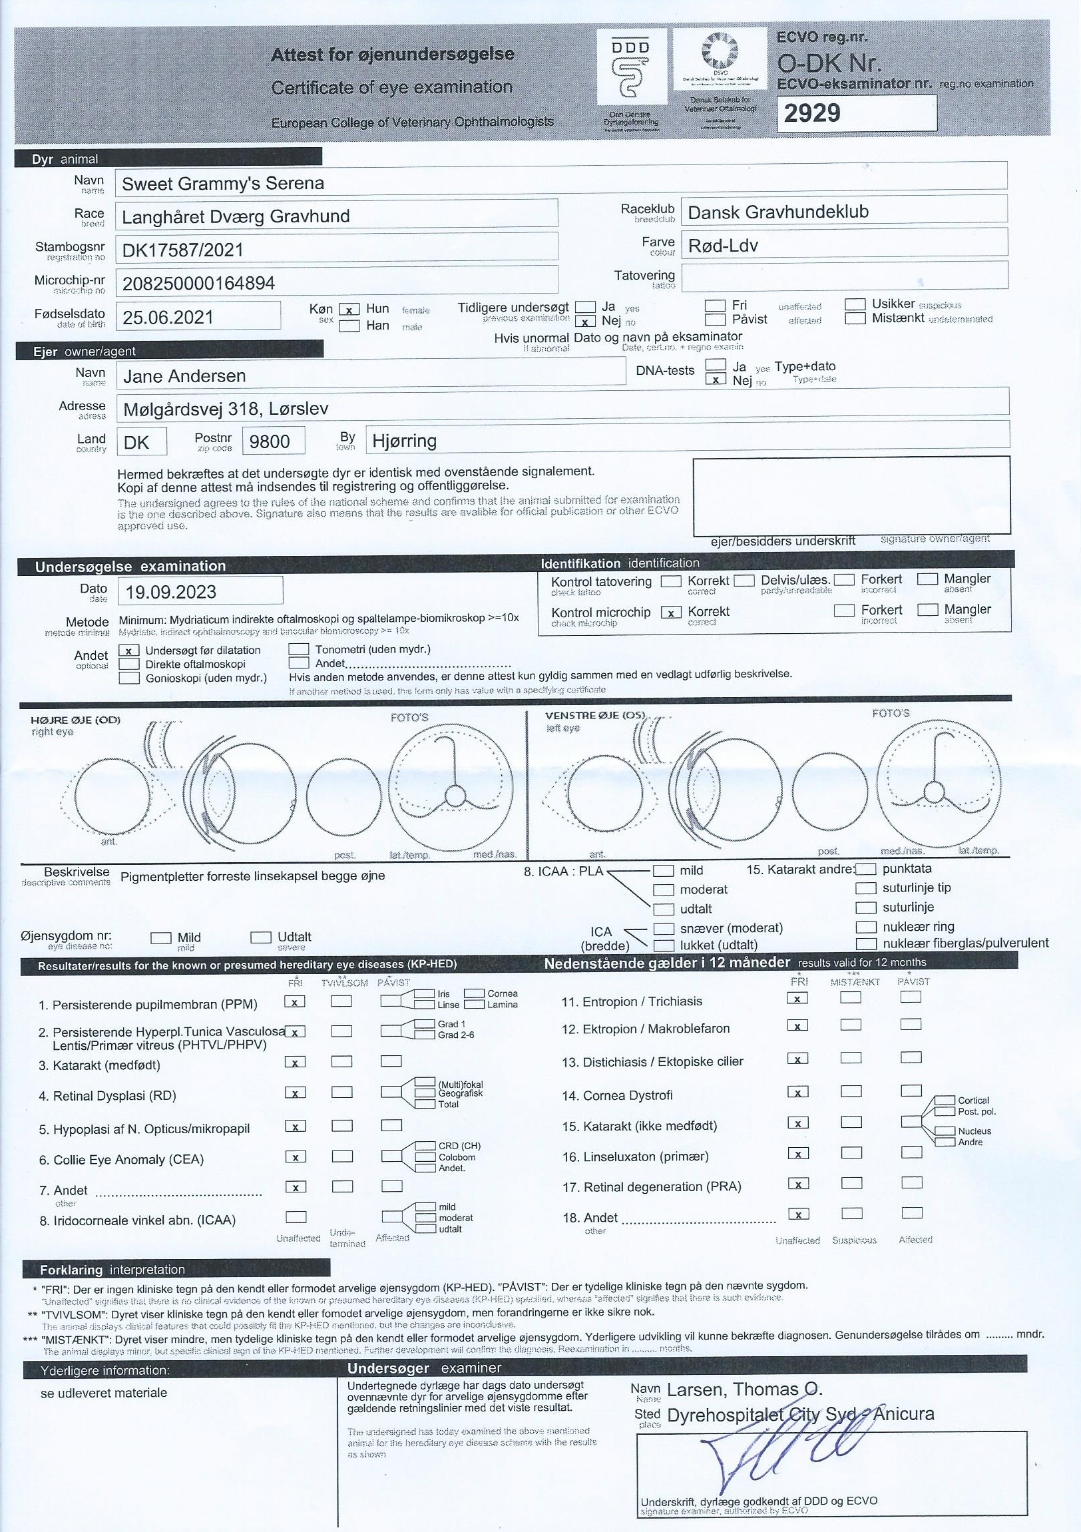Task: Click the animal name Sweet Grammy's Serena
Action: pos(223,184)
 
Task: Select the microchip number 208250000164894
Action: pos(198,284)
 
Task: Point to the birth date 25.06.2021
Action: pos(168,317)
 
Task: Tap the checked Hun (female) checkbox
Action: pos(349,309)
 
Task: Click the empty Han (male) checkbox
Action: pos(349,326)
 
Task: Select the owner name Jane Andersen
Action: pos(185,376)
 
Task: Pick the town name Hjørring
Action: pos(404,441)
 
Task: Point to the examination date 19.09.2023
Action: pos(171,592)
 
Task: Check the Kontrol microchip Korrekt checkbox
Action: pos(670,613)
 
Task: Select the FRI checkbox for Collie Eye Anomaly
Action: pos(295,1157)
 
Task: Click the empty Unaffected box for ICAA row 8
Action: pos(296,1216)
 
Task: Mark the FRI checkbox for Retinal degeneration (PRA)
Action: pos(797,1184)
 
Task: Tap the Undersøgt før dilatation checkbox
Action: pos(128,650)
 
